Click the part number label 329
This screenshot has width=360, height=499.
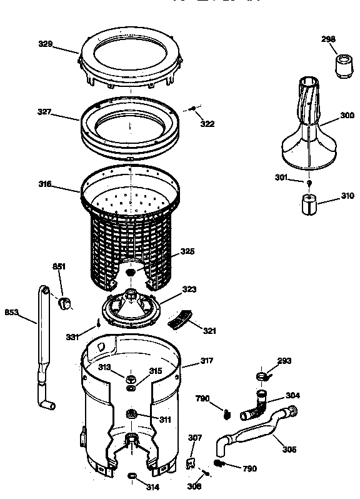point(44,44)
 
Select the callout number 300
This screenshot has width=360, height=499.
point(347,116)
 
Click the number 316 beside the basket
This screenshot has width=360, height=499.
point(44,184)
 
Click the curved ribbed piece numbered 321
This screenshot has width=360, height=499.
point(181,320)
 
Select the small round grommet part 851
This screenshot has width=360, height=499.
point(64,304)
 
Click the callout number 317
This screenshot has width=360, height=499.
point(207,361)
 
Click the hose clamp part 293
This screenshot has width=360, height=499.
point(262,376)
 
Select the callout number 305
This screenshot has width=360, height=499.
point(289,449)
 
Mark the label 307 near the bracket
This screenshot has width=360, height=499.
point(196,438)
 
